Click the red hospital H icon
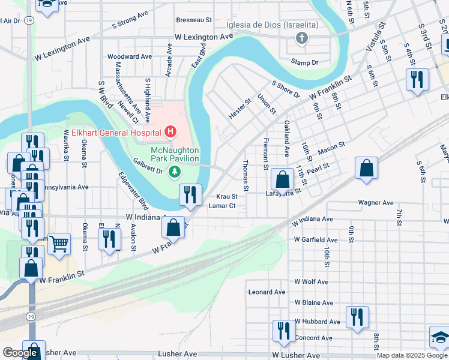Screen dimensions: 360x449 coord(170,131)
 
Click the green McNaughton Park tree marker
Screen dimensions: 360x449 coord(175,173)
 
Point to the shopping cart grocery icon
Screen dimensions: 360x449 coord(59,244)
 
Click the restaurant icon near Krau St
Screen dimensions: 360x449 coord(190,194)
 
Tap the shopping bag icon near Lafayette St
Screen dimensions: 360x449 coord(282,179)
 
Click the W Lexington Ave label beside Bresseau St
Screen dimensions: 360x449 coord(203,37)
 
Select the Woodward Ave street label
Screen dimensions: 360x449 coord(130,56)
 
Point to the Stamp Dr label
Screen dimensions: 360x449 coord(304,61)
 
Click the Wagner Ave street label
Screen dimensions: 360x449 coord(375,203)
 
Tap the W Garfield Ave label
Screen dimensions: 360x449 coord(316,239)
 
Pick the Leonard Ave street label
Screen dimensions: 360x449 coord(265,292)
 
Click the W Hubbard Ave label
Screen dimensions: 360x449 coord(315,322)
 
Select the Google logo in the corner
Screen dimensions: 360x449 coord(20,353)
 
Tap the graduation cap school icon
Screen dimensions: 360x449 coord(441,337)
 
